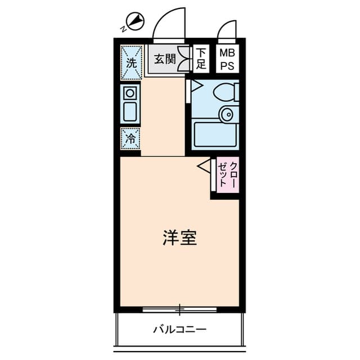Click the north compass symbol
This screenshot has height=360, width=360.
[x=136, y=22]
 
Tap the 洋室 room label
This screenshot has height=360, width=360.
[x=179, y=238]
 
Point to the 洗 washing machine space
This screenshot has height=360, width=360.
[x=130, y=62]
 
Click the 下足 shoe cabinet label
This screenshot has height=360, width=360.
[x=201, y=58]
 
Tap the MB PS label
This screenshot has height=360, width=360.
[x=227, y=58]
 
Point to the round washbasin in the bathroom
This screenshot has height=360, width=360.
[x=227, y=114]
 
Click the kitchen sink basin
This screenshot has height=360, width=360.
[x=130, y=111]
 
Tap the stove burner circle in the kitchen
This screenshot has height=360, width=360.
[x=130, y=92]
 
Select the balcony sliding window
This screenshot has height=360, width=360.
[x=179, y=309]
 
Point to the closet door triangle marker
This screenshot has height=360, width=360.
[x=204, y=165]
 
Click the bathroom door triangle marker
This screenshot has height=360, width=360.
[x=196, y=85]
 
